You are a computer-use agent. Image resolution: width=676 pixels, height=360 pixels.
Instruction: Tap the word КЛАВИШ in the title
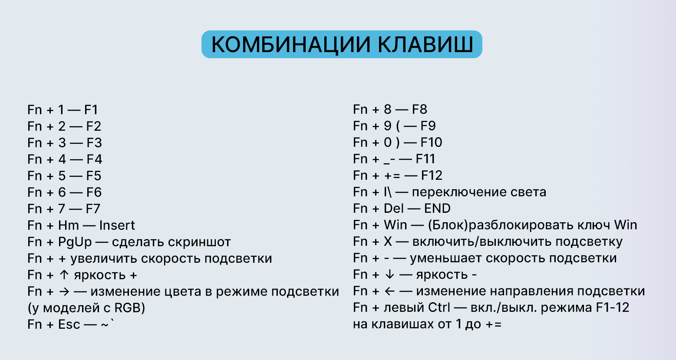[425, 44]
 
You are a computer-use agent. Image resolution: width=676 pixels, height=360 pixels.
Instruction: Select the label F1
[91, 109]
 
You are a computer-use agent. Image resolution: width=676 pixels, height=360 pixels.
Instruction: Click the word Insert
[117, 225]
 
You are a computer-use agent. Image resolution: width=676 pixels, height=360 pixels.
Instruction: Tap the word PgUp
[75, 242]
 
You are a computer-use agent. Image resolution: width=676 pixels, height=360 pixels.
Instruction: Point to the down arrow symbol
[389, 274]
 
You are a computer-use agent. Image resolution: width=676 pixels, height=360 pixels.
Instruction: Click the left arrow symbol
[389, 291]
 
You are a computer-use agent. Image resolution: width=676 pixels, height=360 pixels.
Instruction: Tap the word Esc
[69, 324]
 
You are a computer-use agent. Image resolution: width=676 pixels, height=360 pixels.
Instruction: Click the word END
[437, 208]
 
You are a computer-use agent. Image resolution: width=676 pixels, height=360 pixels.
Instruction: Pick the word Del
[394, 208]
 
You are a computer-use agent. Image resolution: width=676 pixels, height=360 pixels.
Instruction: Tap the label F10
[431, 142]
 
